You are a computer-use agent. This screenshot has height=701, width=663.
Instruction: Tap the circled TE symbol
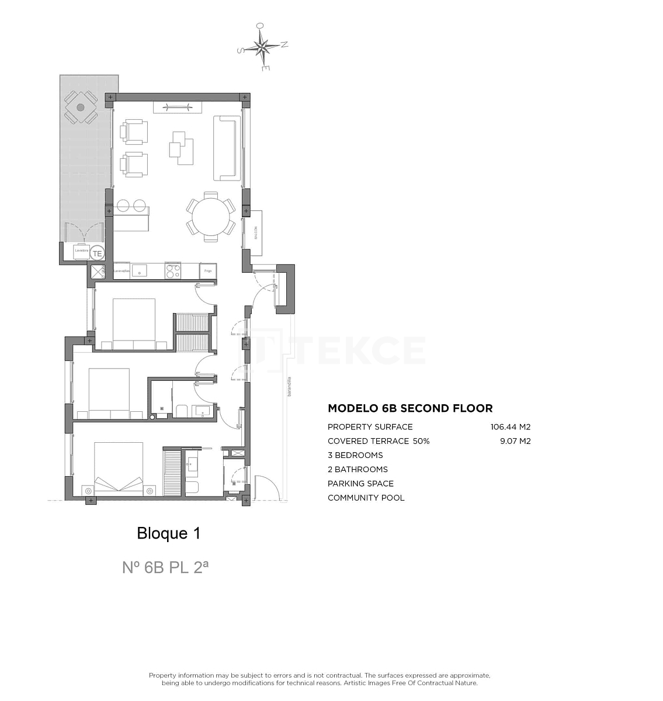pyautogui.click(x=98, y=254)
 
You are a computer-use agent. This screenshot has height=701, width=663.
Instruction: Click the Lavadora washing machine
pyautogui.click(x=81, y=251)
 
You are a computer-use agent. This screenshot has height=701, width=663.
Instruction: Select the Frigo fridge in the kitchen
pyautogui.click(x=208, y=271)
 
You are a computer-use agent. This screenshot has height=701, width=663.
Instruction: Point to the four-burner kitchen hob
pyautogui.click(x=173, y=271)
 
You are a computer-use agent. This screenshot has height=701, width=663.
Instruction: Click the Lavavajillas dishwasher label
pyautogui.click(x=121, y=271)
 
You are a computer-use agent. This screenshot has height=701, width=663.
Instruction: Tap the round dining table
pyautogui.click(x=211, y=216)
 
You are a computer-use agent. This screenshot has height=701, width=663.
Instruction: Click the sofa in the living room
pyautogui.click(x=227, y=148)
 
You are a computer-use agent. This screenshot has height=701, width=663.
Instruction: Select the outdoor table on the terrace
pyautogui.click(x=81, y=107)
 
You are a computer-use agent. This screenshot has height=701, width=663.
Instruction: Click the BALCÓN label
pyautogui.click(x=255, y=232)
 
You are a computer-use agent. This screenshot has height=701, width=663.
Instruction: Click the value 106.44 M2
pyautogui.click(x=510, y=427)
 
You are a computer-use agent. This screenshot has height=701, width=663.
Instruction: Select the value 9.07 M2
pyautogui.click(x=515, y=441)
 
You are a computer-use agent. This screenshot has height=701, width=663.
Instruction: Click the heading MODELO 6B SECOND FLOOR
pyautogui.click(x=410, y=408)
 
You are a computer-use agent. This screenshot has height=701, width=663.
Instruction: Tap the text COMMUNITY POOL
pyautogui.click(x=366, y=498)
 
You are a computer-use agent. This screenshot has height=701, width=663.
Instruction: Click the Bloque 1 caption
pyautogui.click(x=168, y=533)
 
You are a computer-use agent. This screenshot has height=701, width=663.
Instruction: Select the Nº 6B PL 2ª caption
pyautogui.click(x=165, y=567)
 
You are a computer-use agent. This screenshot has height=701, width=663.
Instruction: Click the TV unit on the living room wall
pyautogui.click(x=178, y=107)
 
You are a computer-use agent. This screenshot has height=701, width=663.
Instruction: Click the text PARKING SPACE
pyautogui.click(x=360, y=484)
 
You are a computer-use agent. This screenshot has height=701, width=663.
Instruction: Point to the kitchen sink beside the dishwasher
pyautogui.click(x=141, y=270)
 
